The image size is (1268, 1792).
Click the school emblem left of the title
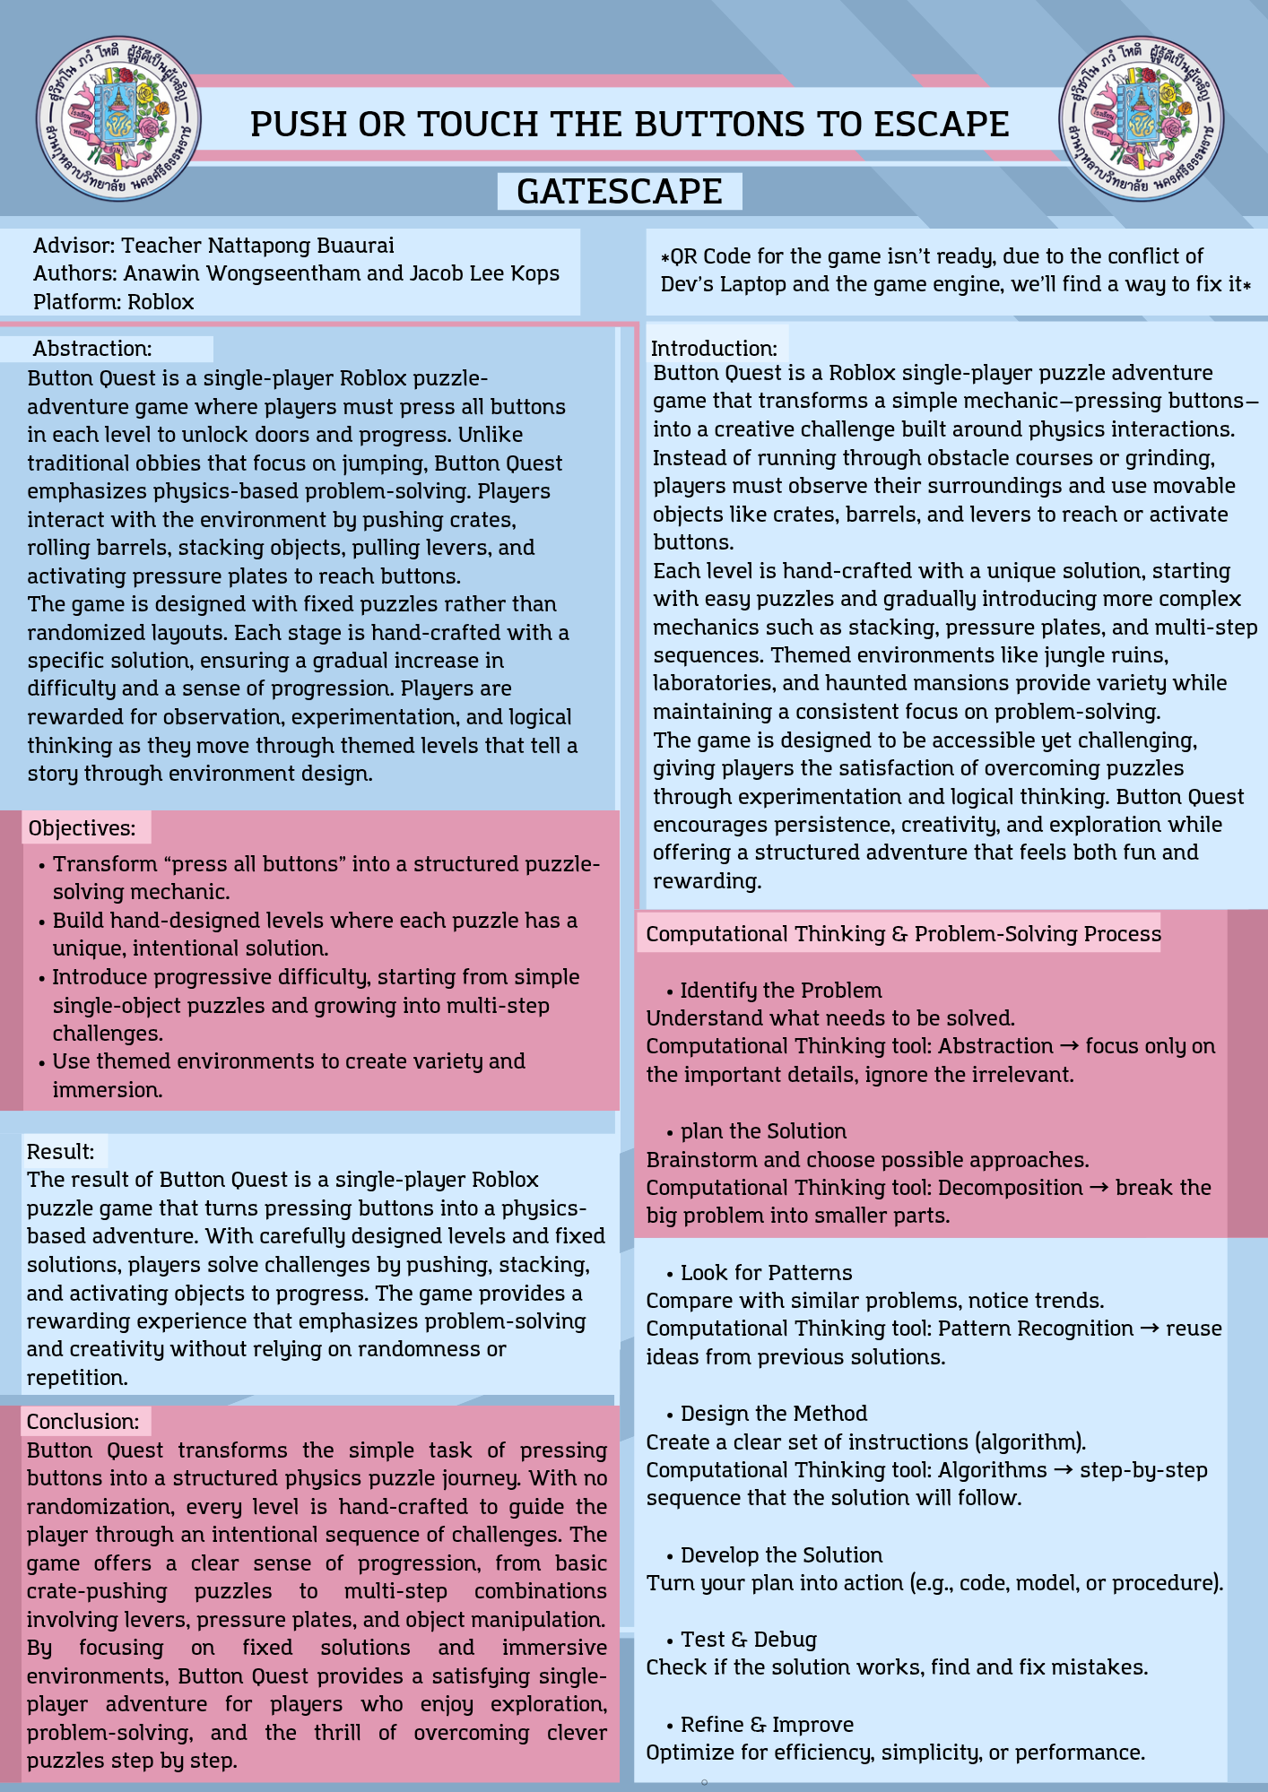pyautogui.click(x=118, y=118)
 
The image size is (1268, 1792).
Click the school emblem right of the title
pyautogui.click(x=1141, y=118)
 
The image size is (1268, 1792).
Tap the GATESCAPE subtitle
pyautogui.click(x=620, y=192)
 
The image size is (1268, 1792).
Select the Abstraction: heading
pyautogui.click(x=92, y=349)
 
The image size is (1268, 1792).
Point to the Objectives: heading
pyautogui.click(x=83, y=827)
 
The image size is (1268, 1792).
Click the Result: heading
pyautogui.click(x=61, y=1151)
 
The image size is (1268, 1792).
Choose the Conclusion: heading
pyautogui.click(x=83, y=1421)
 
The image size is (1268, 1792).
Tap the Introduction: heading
pyautogui.click(x=714, y=349)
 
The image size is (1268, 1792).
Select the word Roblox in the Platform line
pyautogui.click(x=161, y=301)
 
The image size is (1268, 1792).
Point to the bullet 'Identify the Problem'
pyautogui.click(x=780, y=990)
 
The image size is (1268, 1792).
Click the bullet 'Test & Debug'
pyautogui.click(x=748, y=1639)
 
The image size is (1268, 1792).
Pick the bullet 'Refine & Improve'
pyautogui.click(x=766, y=1724)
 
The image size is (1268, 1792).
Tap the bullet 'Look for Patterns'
pyautogui.click(x=766, y=1272)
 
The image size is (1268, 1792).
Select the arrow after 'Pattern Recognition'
pyautogui.click(x=1150, y=1329)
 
